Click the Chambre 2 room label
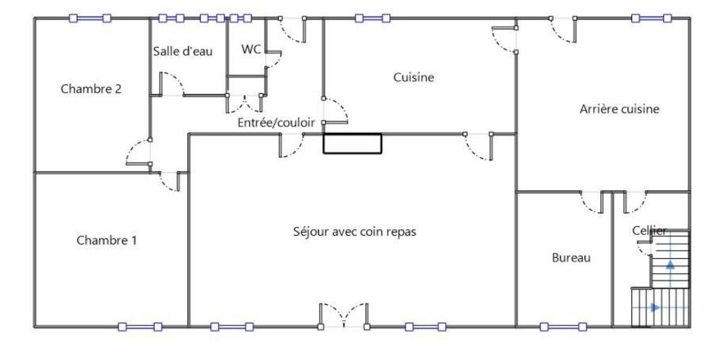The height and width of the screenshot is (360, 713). point(91,89)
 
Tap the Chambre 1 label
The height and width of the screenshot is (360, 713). point(106,240)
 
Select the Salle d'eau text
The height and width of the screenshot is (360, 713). point(182,51)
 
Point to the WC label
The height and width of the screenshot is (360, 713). point(251,48)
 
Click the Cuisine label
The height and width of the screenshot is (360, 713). point(413,77)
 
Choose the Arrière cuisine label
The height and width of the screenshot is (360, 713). point(619,108)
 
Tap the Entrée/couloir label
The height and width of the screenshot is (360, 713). point(276,122)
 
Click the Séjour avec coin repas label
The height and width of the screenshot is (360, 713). point(355,231)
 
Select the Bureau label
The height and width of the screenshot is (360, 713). point(571,257)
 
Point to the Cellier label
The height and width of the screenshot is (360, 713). point(649,231)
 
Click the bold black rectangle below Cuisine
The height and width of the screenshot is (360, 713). point(353,143)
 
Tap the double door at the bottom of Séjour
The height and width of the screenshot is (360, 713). point(344,315)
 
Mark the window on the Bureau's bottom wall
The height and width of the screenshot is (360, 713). point(563,327)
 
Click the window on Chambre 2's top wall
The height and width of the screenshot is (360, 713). point(90,18)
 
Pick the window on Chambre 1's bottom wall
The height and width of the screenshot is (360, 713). point(140,327)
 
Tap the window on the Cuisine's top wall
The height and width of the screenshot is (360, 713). point(373,18)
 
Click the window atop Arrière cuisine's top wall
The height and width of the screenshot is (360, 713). point(652,18)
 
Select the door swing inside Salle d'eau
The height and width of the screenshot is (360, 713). point(171,84)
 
